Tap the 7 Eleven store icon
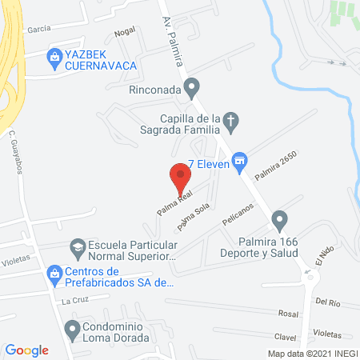(x=238, y=163)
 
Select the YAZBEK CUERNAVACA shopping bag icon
(x=54, y=55)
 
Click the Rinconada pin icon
(x=191, y=87)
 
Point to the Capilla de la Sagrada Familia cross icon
(x=230, y=121)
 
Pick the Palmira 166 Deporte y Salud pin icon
(x=279, y=218)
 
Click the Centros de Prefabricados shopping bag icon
(x=54, y=273)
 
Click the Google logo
(x=27, y=350)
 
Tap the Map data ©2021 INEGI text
(x=311, y=353)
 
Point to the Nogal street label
(x=124, y=32)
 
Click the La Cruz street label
(x=74, y=302)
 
